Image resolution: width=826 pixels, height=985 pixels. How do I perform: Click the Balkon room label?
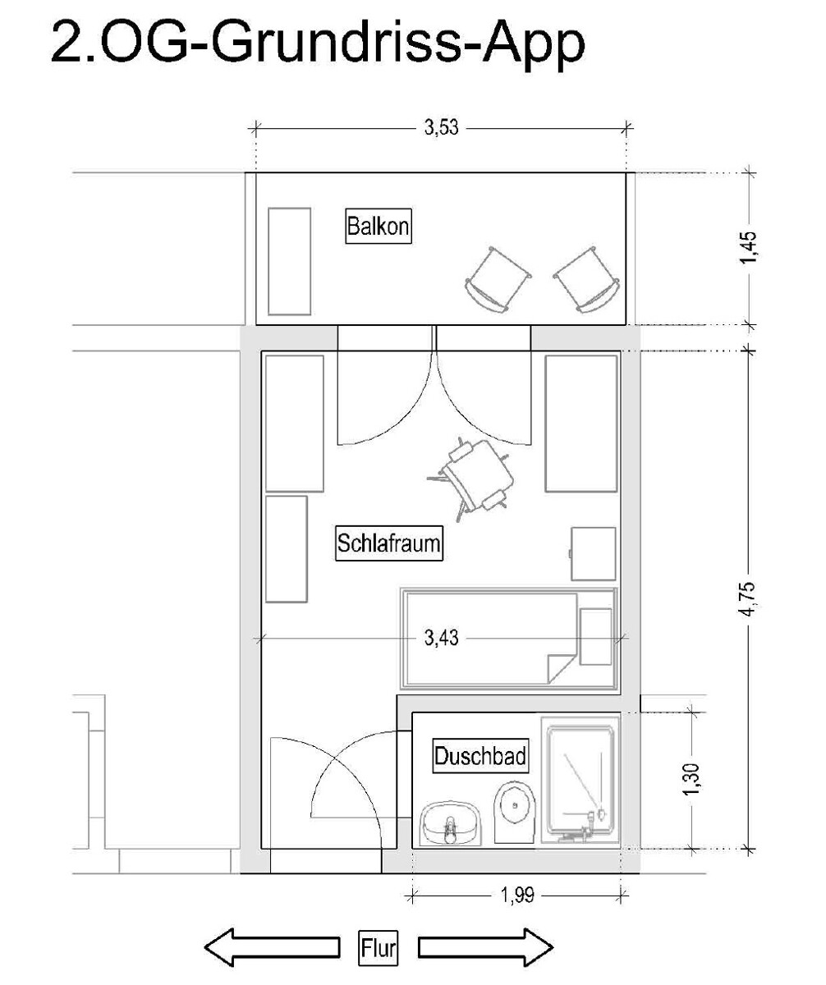(378, 226)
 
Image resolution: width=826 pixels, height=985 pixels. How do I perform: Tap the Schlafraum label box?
(389, 543)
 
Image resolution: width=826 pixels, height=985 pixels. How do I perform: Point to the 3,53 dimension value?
(441, 127)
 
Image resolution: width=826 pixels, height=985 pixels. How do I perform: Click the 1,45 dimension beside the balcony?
(749, 248)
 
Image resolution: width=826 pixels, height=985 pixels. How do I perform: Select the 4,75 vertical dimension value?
(749, 599)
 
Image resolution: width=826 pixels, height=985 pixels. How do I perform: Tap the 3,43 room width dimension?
(441, 638)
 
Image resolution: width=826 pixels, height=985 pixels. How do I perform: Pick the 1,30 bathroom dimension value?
(692, 779)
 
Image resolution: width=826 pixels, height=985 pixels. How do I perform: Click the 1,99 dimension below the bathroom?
(516, 895)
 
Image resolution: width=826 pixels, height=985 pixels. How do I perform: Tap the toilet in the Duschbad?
(515, 812)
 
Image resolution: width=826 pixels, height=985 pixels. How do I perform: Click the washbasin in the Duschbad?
(451, 823)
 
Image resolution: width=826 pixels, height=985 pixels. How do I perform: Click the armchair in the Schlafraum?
(472, 479)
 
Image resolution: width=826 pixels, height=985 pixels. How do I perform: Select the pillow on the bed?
(595, 637)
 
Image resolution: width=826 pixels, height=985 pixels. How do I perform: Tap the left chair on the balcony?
(498, 279)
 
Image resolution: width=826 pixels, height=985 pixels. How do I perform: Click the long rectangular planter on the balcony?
(289, 261)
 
